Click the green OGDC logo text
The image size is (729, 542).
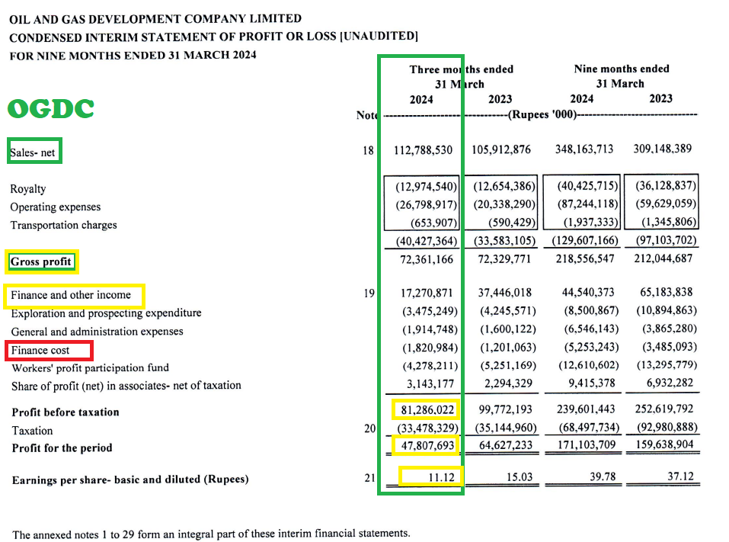coord(51,109)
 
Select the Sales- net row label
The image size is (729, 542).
coord(33,152)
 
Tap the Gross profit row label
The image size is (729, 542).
coord(41,263)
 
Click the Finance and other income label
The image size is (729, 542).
coord(71,295)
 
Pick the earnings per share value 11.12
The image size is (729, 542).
coord(442,478)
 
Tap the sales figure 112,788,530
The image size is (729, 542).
coord(424,149)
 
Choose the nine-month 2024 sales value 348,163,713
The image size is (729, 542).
coord(584,149)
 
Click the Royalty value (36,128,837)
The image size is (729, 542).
coord(661,186)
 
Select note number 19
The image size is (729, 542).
coord(369,293)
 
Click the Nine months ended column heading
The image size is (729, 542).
coord(621,69)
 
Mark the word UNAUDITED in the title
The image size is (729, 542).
coord(379,36)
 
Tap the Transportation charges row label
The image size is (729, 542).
coord(63,225)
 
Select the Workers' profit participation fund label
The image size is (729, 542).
coord(90,368)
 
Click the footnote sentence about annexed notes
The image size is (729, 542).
coord(211,534)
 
